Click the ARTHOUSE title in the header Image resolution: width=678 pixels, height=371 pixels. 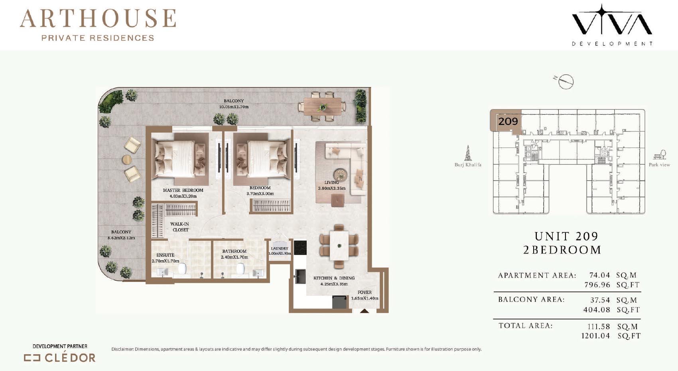98,18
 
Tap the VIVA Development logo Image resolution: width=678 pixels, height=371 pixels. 612,25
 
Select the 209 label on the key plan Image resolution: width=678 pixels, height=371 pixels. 508,121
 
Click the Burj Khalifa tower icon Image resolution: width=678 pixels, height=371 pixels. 468,153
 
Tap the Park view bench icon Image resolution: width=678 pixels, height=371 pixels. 660,155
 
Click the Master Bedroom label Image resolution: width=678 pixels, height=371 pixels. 183,190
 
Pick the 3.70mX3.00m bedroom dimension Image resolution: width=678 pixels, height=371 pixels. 260,194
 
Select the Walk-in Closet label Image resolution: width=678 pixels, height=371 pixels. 180,227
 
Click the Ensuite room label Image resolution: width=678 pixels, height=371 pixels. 165,255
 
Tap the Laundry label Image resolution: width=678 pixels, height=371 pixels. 279,248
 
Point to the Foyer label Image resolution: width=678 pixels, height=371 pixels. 365,292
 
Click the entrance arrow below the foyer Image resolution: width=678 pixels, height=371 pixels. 365,311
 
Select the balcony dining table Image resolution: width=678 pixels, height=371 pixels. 322,106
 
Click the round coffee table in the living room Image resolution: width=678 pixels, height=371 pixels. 341,175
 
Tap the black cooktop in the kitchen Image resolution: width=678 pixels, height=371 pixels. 300,248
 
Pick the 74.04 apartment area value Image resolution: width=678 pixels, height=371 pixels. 599,275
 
